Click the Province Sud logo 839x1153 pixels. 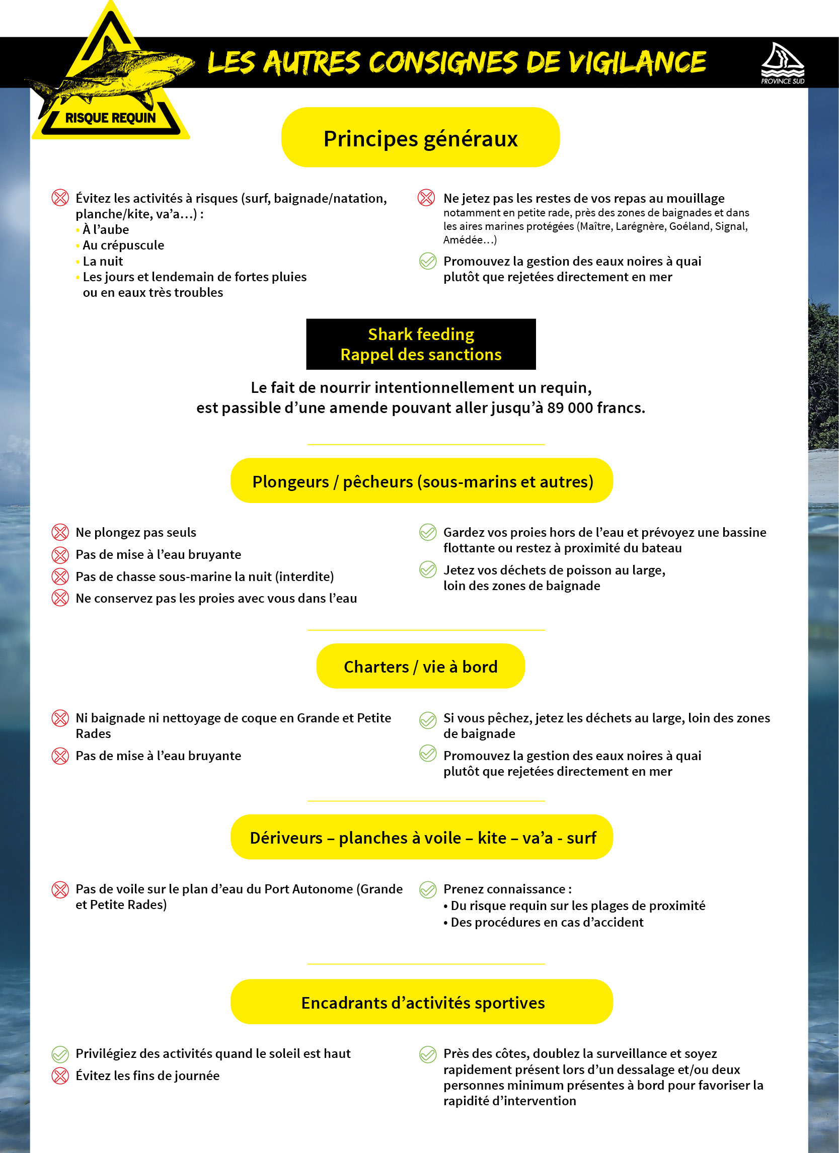tap(782, 63)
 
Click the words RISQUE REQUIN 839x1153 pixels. tap(110, 118)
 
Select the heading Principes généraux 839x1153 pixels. tap(421, 138)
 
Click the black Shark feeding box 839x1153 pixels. tap(421, 344)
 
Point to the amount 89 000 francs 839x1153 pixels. tap(594, 407)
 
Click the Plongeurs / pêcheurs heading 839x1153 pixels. tap(422, 481)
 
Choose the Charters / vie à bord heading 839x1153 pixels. tap(420, 666)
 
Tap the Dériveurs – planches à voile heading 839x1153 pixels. tap(422, 837)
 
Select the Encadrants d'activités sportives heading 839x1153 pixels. tap(422, 1002)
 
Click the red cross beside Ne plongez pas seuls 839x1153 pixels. tap(60, 532)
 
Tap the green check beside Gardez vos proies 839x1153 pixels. tap(428, 532)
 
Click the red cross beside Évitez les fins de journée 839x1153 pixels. tap(60, 1076)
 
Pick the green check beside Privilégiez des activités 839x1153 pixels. tap(60, 1054)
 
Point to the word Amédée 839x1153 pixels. tap(463, 240)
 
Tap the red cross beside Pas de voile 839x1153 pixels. tap(60, 890)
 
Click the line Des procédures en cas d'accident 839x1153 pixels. tap(547, 922)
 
